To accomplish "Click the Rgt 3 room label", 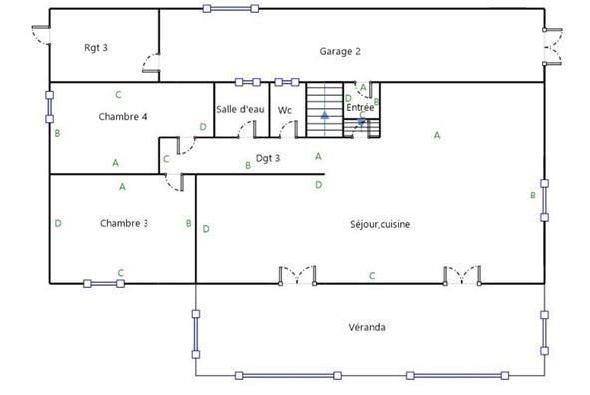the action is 96,47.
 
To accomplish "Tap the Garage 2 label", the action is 339,51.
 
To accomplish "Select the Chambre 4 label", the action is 124,117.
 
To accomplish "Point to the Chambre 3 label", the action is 124,223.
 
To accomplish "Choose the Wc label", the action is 285,110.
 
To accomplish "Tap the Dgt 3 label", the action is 268,157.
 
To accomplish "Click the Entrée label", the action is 359,106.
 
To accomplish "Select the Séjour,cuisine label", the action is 381,224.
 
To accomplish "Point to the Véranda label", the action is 367,327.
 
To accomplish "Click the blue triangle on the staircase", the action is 324,116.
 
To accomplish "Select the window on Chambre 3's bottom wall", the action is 104,283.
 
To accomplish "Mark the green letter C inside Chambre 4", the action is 118,95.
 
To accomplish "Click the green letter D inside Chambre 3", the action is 58,223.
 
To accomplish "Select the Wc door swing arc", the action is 288,128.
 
